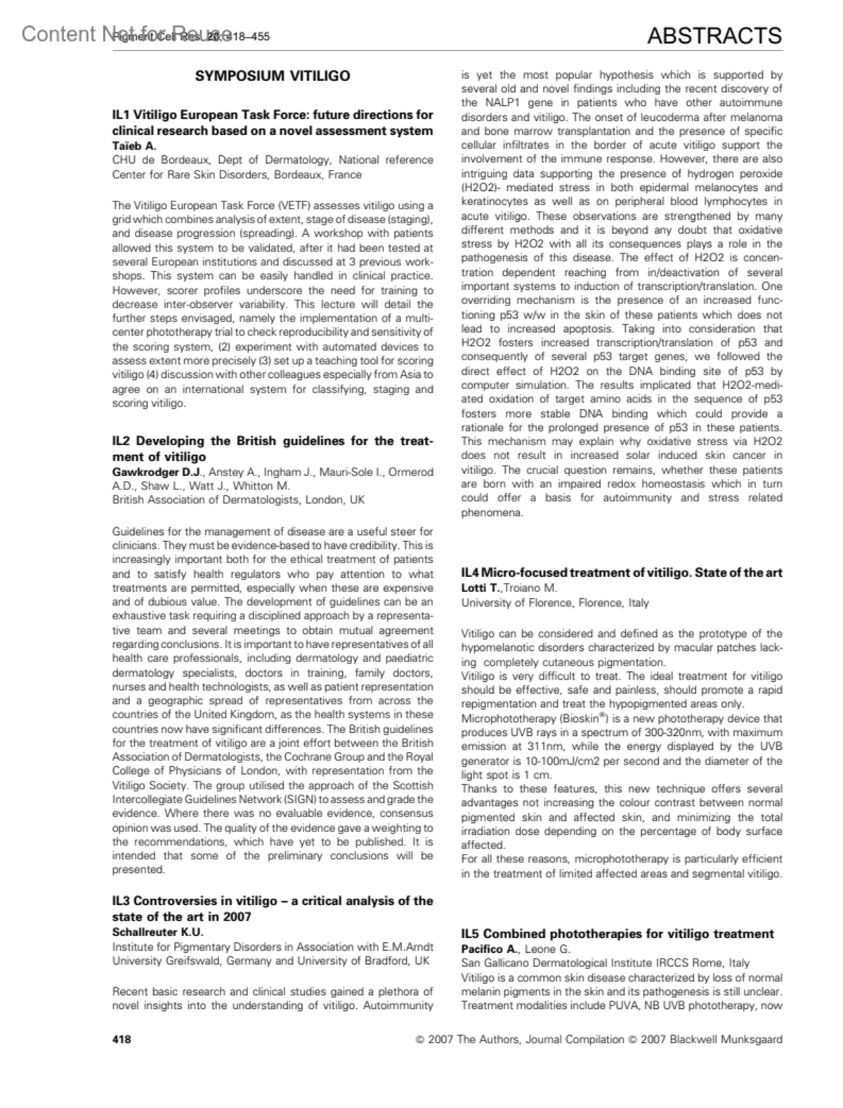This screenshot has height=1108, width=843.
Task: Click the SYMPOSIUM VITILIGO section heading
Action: (x=272, y=76)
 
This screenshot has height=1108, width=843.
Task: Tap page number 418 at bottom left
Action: (x=122, y=1039)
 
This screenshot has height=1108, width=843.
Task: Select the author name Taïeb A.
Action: (x=134, y=146)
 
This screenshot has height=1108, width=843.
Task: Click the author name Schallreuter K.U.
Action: (x=158, y=932)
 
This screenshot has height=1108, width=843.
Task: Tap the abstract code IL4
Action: (x=470, y=572)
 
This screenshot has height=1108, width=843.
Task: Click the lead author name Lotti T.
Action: (x=481, y=587)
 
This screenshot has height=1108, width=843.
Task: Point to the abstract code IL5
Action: (x=471, y=934)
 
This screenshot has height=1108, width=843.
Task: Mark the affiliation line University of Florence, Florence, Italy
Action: (x=555, y=602)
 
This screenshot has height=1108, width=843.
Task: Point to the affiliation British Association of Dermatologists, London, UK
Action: (x=239, y=500)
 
